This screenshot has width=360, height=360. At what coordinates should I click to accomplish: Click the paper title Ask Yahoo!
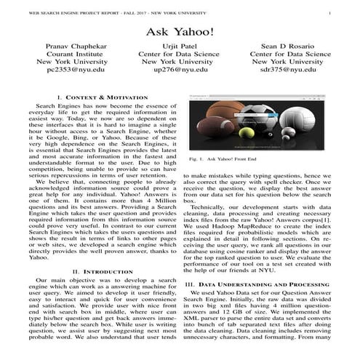pos(180,33)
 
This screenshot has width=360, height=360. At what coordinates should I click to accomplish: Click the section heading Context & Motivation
pos(98,97)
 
